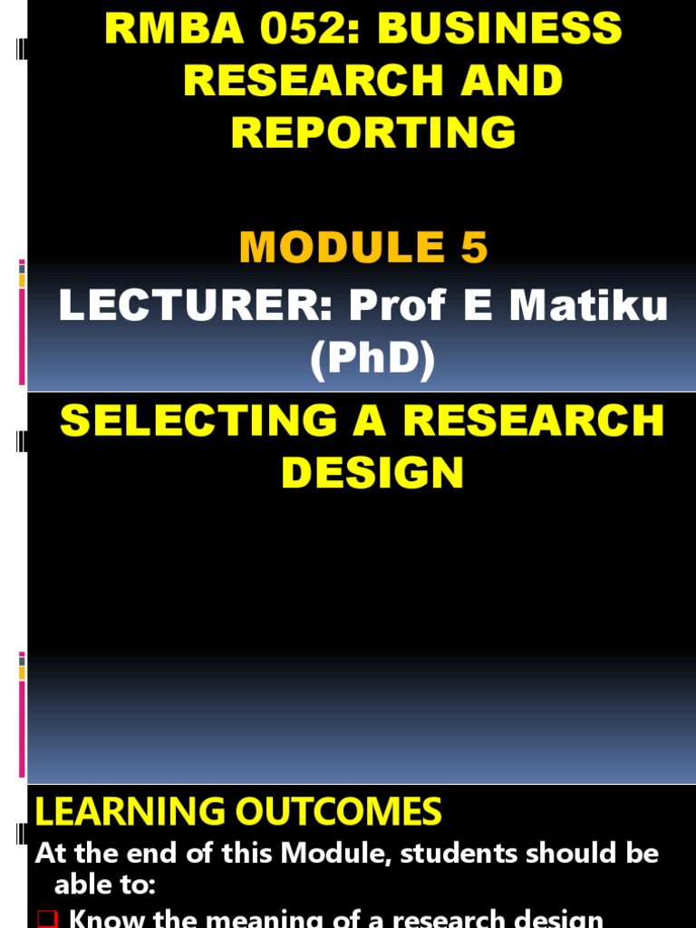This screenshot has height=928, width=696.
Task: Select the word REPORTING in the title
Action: pyautogui.click(x=373, y=132)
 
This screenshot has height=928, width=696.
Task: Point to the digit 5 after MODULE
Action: pyautogui.click(x=474, y=247)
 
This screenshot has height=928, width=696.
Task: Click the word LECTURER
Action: pyautogui.click(x=194, y=307)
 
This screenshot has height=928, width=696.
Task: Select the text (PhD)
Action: pyautogui.click(x=372, y=361)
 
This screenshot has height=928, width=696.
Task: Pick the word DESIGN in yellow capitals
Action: pyautogui.click(x=372, y=472)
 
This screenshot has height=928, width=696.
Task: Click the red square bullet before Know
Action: pyautogui.click(x=50, y=920)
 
